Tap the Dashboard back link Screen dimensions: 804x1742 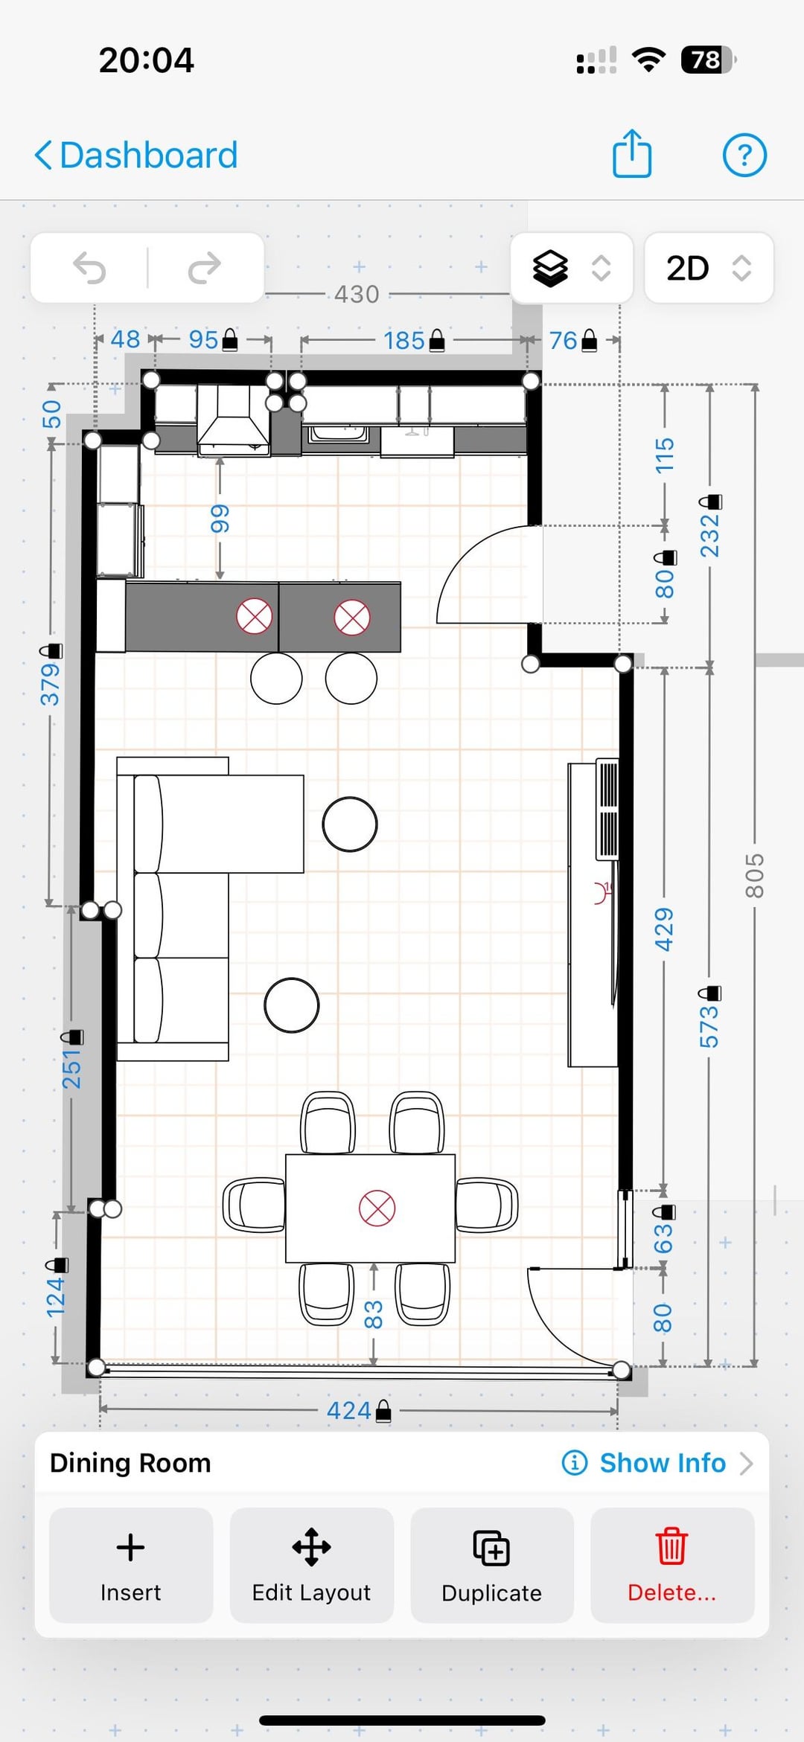click(136, 156)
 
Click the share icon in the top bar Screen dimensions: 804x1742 click(632, 153)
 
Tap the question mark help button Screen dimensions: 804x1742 click(744, 156)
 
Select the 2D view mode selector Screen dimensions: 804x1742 click(709, 268)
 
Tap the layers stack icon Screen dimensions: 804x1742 click(550, 268)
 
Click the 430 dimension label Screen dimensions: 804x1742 click(357, 295)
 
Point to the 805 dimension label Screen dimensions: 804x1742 click(754, 876)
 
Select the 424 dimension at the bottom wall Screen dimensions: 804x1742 click(349, 1410)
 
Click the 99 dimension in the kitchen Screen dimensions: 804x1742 click(220, 519)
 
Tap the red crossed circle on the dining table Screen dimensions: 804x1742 click(377, 1208)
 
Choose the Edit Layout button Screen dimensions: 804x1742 click(311, 1566)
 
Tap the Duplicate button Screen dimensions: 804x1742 click(491, 1566)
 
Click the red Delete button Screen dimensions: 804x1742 click(671, 1566)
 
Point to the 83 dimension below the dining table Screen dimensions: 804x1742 click(373, 1315)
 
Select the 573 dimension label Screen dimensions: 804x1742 click(709, 1027)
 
